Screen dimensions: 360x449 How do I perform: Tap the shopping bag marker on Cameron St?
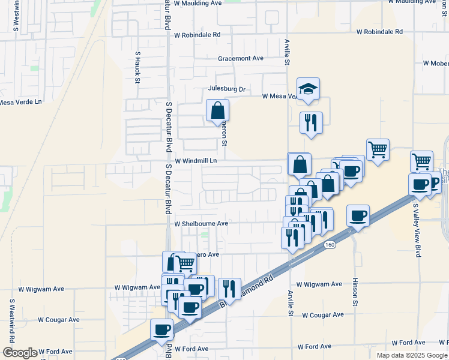point(217,111)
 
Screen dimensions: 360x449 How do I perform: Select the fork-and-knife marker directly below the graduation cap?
point(311,123)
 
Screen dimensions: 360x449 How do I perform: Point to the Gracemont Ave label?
point(241,58)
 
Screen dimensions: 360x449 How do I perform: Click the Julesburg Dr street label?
point(227,89)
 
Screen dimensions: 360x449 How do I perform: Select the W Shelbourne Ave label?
point(201,223)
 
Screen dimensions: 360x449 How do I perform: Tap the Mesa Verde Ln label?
point(21,102)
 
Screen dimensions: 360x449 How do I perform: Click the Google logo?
point(20,353)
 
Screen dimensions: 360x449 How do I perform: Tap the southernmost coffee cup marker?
point(161,329)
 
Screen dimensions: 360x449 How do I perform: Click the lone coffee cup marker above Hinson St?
point(358,215)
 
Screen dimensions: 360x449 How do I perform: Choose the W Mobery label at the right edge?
point(436,63)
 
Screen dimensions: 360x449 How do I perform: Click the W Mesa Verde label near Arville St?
point(280,96)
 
